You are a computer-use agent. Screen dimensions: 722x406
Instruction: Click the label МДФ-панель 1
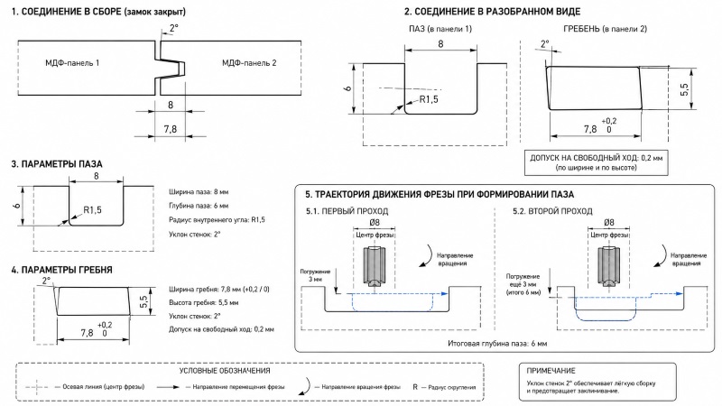[72, 63]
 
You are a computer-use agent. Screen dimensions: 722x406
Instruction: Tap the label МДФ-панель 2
[249, 63]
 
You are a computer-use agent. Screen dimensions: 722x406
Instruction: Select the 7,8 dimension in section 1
[171, 129]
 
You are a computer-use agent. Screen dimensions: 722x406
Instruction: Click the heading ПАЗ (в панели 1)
[440, 29]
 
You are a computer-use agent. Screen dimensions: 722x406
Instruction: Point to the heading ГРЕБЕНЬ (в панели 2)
[605, 29]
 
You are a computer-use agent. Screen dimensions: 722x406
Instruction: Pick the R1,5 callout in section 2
[429, 99]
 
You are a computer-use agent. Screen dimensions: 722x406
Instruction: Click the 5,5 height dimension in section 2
[684, 89]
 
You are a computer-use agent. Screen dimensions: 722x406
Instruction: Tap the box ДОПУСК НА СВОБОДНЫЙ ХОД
[597, 162]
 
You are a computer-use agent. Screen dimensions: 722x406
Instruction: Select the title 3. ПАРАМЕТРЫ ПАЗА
[57, 164]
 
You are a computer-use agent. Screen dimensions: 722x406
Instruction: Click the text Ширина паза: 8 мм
[199, 192]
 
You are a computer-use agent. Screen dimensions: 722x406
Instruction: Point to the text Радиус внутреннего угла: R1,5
[217, 220]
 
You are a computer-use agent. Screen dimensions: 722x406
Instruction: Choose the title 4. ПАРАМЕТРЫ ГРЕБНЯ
[61, 270]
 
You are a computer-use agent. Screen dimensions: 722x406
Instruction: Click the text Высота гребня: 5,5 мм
[204, 303]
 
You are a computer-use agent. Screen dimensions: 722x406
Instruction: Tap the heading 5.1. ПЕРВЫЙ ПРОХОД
[347, 211]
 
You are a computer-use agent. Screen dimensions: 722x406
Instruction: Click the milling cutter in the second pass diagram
[608, 269]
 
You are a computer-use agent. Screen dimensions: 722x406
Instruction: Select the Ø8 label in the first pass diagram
[375, 223]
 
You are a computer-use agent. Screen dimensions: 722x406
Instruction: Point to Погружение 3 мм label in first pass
[315, 275]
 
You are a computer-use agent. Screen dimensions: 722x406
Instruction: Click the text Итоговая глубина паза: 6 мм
[497, 344]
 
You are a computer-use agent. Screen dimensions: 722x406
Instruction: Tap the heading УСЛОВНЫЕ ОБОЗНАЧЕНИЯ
[225, 371]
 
